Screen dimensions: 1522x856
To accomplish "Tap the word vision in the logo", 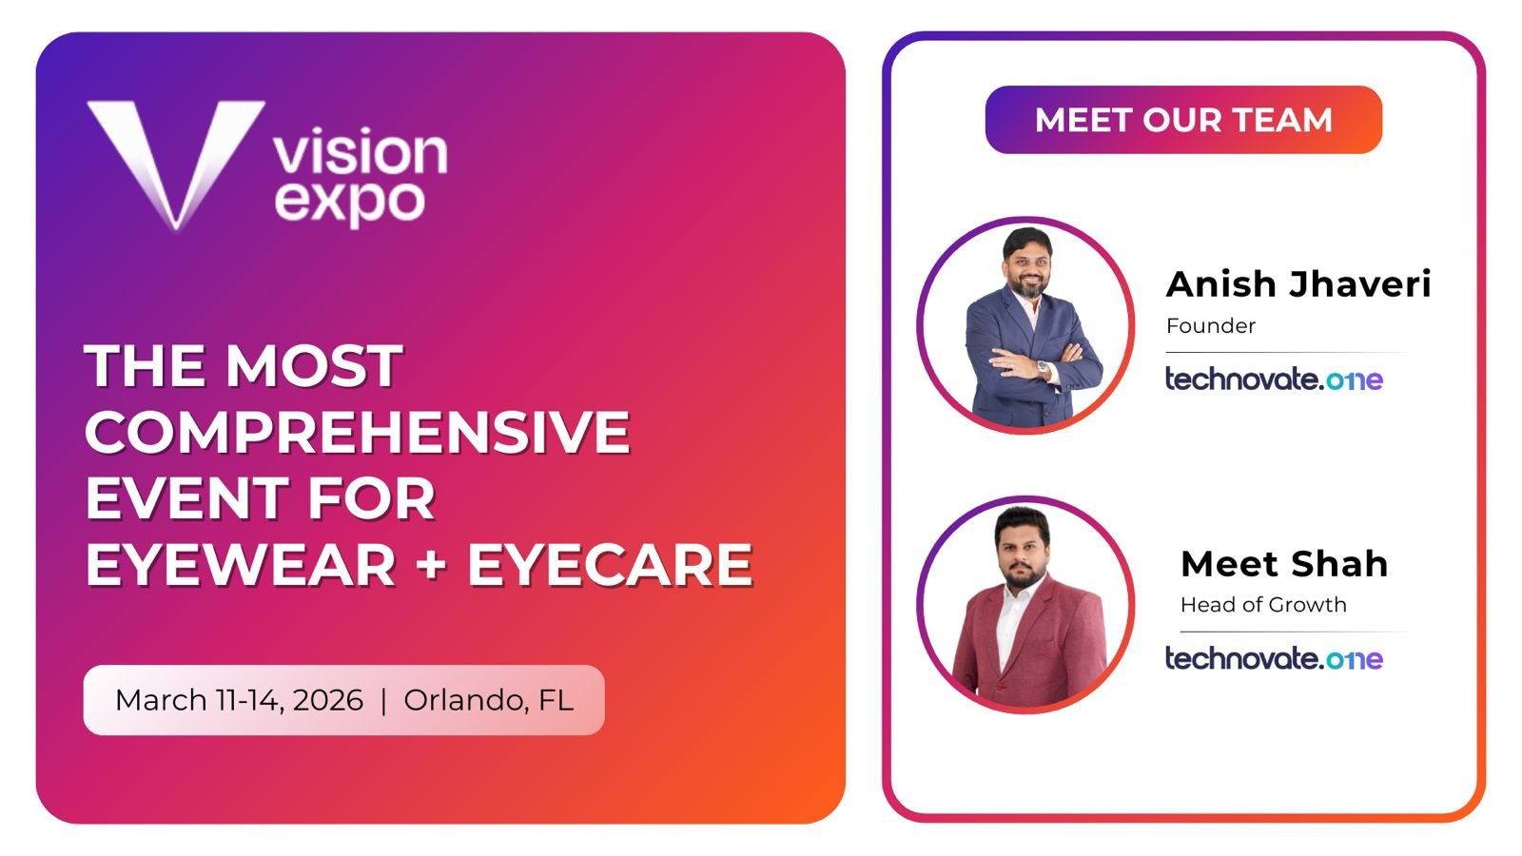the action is (x=361, y=151).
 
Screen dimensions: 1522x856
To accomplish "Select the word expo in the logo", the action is (x=350, y=204).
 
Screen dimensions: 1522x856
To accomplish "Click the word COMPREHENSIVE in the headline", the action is (x=358, y=432).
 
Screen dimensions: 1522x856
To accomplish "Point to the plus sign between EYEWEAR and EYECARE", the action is (x=432, y=565).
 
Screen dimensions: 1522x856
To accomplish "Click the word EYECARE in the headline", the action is (x=610, y=565).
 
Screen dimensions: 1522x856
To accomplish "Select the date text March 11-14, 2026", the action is (x=239, y=700).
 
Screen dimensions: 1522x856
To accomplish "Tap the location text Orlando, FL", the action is (x=489, y=700).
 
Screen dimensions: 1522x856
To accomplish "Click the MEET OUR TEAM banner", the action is (x=1183, y=120).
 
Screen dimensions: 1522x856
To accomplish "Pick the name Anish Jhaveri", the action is (x=1298, y=283).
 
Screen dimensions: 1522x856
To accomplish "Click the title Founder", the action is (x=1211, y=325).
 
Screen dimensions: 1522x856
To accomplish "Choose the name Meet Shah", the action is (x=1284, y=563).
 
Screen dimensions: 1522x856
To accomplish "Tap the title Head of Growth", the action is (x=1263, y=605).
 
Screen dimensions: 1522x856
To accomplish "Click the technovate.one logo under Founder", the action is (x=1274, y=379).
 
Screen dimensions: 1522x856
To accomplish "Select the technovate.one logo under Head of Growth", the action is (x=1274, y=657).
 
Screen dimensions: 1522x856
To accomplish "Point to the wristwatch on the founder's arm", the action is (x=1043, y=368).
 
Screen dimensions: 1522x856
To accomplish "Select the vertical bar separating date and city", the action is (x=384, y=700).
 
